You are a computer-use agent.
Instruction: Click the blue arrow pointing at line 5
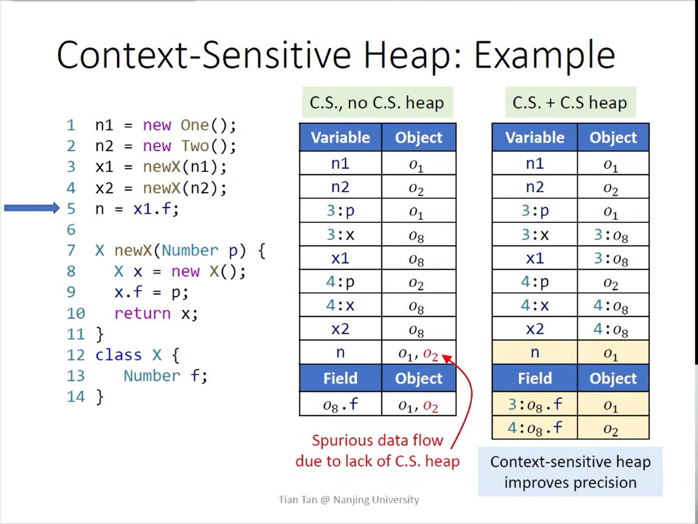32,208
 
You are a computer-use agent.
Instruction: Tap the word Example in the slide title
544,55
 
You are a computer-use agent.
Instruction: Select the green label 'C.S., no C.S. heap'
378,102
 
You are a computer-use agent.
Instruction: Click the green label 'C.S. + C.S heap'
571,102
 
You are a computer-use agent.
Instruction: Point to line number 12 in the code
76,355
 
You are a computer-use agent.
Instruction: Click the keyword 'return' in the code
143,314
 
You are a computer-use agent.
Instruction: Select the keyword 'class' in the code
118,355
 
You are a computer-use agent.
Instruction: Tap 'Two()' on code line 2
208,146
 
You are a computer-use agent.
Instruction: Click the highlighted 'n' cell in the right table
535,352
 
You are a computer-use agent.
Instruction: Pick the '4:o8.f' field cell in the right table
535,427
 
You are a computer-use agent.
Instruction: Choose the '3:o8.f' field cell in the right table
535,404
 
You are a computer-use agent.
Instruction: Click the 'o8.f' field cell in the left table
340,404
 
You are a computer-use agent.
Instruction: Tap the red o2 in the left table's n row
431,354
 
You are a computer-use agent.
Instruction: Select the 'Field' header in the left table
340,378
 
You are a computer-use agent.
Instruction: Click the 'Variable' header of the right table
535,137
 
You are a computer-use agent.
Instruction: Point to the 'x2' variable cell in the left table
340,328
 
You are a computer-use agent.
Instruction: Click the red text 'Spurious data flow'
378,441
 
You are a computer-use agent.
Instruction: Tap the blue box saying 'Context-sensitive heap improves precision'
571,472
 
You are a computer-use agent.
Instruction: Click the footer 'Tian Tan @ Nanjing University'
349,500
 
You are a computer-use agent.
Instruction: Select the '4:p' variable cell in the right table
535,281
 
